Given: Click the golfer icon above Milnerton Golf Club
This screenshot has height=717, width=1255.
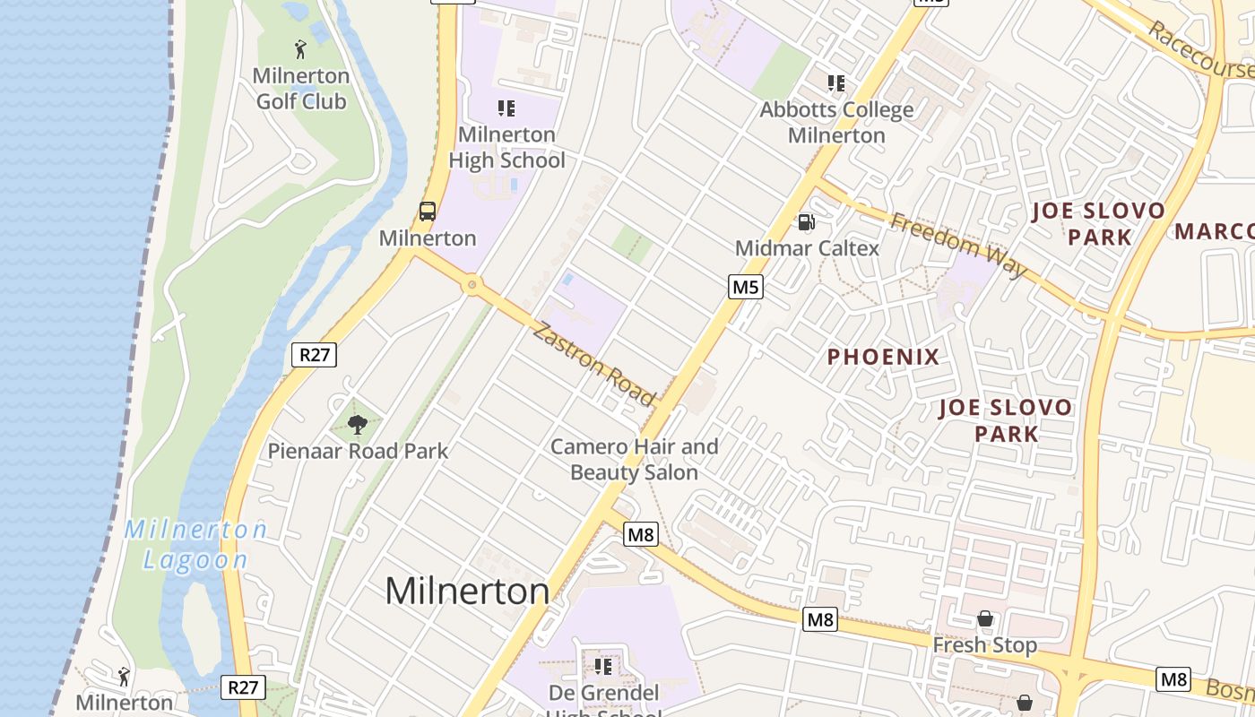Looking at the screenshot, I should point(300,48).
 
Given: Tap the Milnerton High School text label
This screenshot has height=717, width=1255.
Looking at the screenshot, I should point(506,148).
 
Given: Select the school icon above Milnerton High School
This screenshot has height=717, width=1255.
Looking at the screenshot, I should point(506,108).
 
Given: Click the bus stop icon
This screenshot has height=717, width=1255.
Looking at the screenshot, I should point(428,212).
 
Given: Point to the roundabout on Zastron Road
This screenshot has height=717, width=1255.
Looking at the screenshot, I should point(472,286).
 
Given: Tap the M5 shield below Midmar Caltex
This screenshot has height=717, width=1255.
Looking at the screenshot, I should point(745,287).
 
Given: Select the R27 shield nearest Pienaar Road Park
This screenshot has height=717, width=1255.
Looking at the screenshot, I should point(314,355).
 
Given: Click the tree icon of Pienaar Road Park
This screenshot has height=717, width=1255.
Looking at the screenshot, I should point(358,425).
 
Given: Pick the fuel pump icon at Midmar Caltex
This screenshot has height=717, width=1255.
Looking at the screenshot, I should point(807,221).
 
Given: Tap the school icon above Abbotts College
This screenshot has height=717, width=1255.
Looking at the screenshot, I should point(836,83).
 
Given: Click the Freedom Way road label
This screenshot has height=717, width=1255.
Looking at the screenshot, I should point(958,245).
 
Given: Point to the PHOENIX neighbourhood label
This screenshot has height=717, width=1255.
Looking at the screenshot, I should point(883,357).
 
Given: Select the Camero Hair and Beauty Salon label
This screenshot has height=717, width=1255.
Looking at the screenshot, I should point(634,459).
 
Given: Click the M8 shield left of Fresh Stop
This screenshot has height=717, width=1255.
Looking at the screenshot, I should point(819,619).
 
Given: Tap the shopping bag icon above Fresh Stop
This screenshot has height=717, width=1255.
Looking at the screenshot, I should point(985,618).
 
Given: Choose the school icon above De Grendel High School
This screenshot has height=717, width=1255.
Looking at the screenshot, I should point(603,666).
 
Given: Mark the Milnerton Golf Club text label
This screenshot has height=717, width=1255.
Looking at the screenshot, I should point(300,89).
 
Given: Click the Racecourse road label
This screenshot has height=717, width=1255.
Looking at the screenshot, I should point(1201,50).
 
